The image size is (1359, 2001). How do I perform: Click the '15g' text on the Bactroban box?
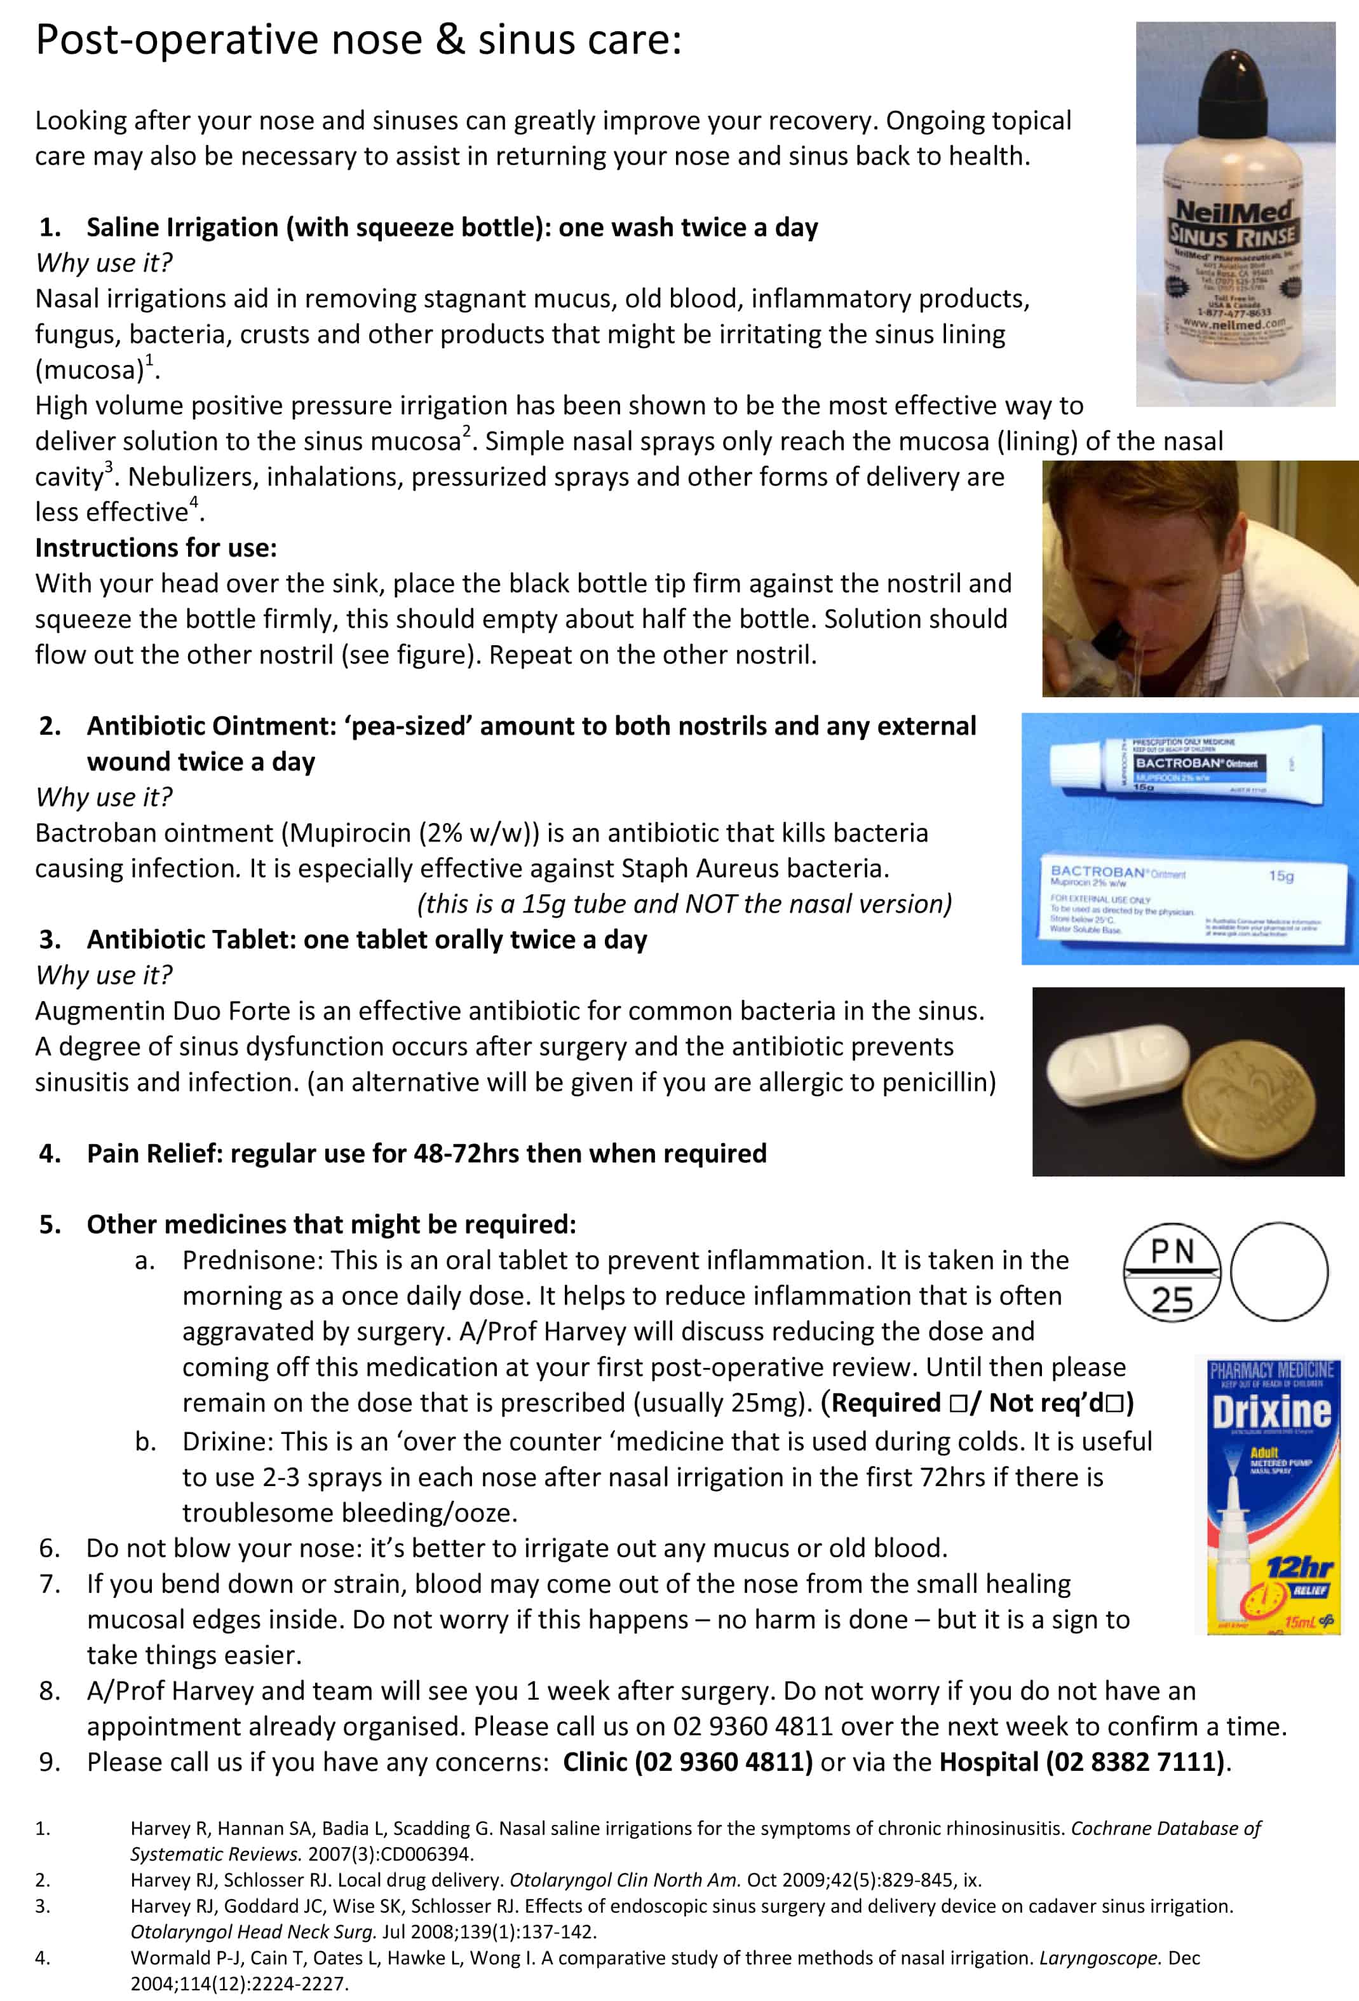point(1281,876)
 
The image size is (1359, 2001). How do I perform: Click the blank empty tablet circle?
point(1278,1272)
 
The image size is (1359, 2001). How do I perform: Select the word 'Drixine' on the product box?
point(1270,1411)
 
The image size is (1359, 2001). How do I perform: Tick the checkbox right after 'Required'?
point(959,1403)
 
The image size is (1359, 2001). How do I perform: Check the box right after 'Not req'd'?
point(1116,1403)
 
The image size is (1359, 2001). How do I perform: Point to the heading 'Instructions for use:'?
point(156,548)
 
